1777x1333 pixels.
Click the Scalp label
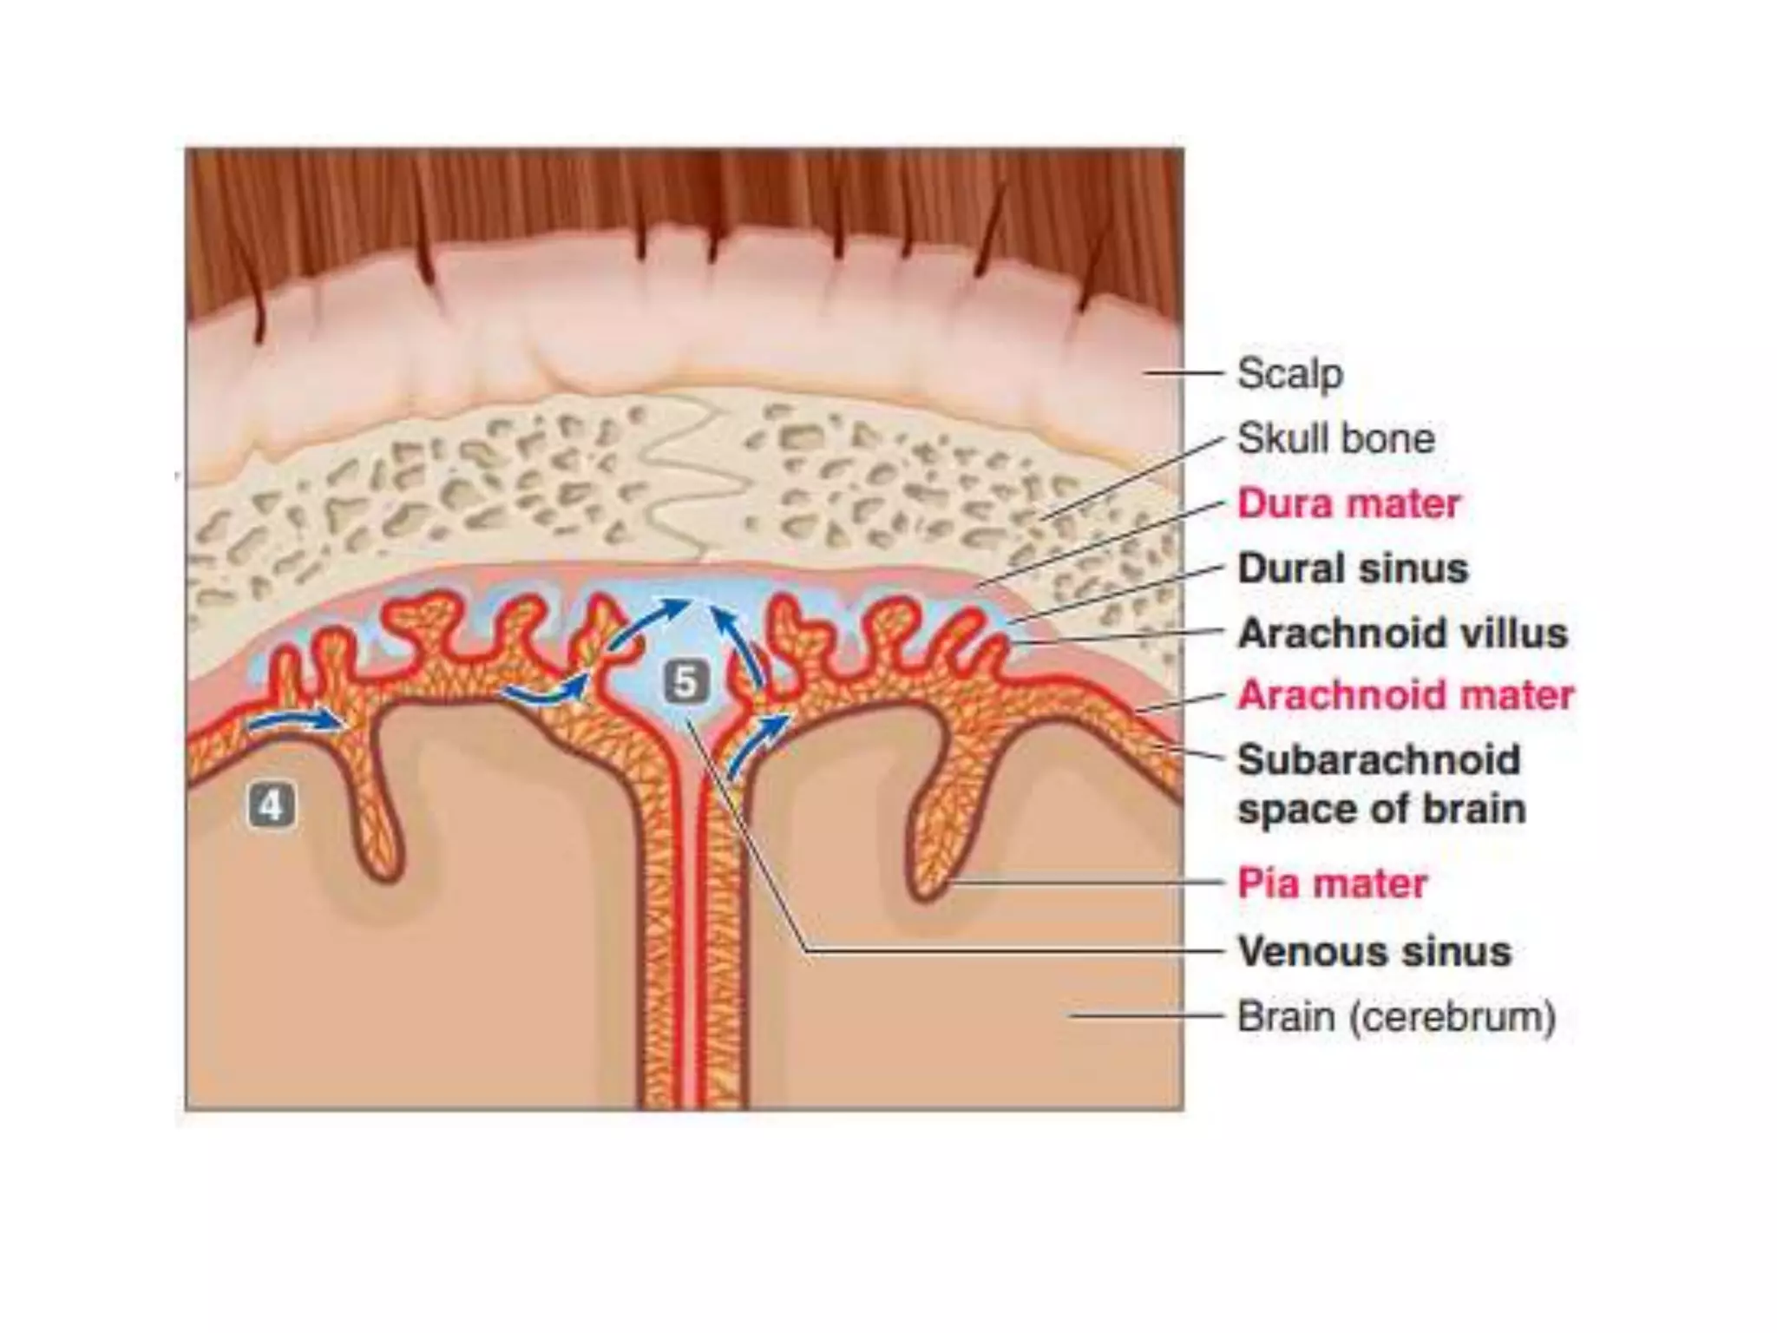click(1289, 374)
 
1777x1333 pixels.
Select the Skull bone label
click(1335, 438)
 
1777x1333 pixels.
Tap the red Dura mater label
click(1348, 503)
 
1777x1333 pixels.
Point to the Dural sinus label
click(1353, 568)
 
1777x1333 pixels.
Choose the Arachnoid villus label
click(1402, 633)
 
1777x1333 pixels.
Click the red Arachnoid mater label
click(1406, 695)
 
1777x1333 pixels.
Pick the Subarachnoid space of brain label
click(1380, 784)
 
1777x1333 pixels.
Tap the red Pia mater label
click(1332, 883)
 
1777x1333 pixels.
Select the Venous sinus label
click(1374, 951)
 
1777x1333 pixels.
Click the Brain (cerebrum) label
click(1396, 1016)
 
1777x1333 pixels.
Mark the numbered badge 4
click(272, 806)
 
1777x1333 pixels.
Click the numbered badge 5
click(685, 682)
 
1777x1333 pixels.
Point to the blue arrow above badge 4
click(295, 720)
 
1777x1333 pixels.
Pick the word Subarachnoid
click(1379, 759)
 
